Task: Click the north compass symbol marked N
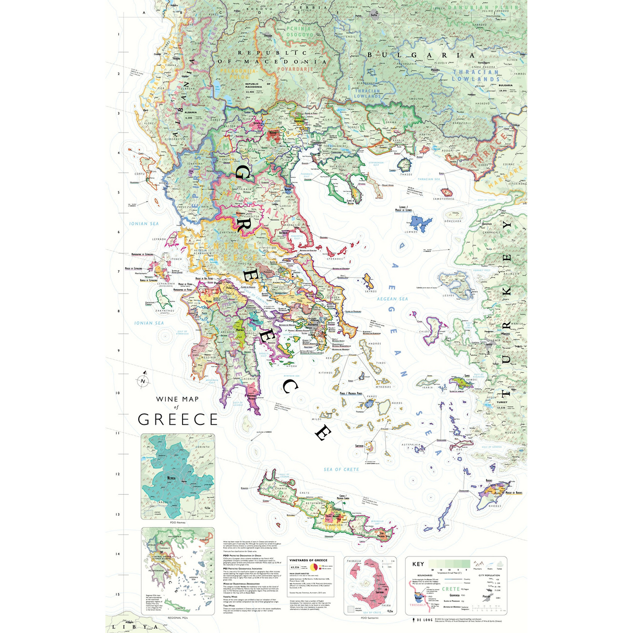click(142, 381)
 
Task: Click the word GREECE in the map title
click(178, 420)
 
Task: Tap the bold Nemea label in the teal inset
click(171, 478)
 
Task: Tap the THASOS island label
click(406, 174)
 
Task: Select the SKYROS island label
click(370, 291)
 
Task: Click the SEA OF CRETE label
click(341, 469)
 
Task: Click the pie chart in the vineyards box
click(314, 567)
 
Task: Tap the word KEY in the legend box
click(418, 564)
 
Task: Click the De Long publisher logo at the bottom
click(422, 620)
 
